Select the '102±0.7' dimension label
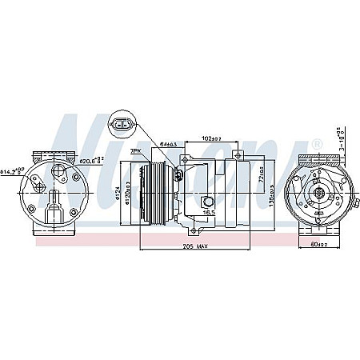[x=213, y=138]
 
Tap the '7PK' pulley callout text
[x=137, y=150]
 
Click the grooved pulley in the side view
[x=152, y=193]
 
